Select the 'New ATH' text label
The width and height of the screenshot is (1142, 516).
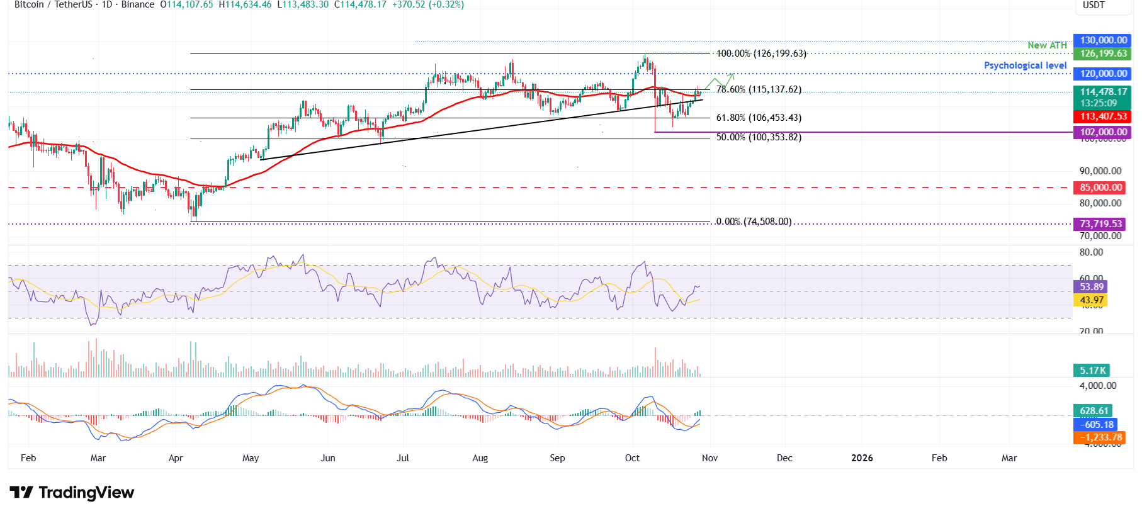pos(1047,45)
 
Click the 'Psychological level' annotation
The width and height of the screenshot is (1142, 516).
pos(1025,65)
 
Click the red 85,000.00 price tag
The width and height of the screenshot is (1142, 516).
pos(1101,188)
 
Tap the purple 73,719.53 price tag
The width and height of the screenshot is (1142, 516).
pos(1101,224)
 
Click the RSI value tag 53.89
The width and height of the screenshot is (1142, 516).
pos(1091,287)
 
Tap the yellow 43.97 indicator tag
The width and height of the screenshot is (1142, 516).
pos(1091,300)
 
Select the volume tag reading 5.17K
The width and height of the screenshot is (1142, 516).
pos(1092,371)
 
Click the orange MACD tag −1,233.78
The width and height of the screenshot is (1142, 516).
pos(1100,437)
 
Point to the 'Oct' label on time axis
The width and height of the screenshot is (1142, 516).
pos(632,458)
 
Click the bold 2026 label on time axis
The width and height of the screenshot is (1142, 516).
pos(862,458)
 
